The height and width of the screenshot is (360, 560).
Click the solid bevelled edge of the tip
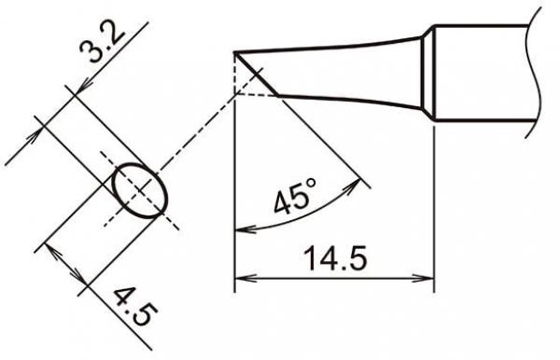pyautogui.click(x=259, y=74)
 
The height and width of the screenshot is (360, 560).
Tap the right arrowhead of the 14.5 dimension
pyautogui.click(x=430, y=278)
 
